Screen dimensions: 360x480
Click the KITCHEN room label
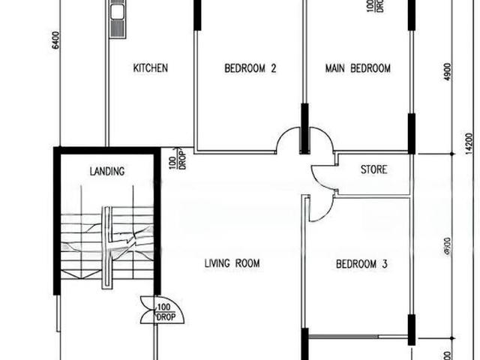(150, 68)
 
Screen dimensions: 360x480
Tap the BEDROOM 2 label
(250, 68)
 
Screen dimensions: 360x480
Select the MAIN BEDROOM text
(358, 68)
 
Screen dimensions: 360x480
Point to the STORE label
(373, 169)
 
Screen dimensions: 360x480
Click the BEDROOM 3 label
(361, 264)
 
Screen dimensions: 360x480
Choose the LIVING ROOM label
(232, 263)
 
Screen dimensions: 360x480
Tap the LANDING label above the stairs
(106, 172)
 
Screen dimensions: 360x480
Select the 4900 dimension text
(448, 72)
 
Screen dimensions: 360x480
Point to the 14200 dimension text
(469, 142)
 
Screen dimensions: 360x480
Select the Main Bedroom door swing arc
(321, 139)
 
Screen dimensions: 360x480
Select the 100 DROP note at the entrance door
(165, 312)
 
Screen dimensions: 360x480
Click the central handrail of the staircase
(109, 244)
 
